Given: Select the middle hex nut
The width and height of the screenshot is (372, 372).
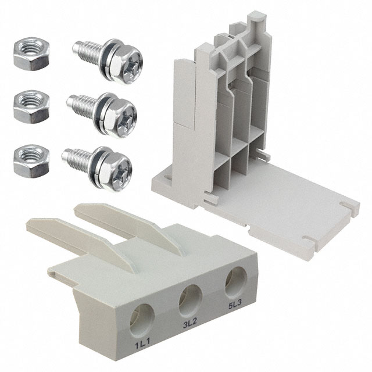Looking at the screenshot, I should coord(28,105).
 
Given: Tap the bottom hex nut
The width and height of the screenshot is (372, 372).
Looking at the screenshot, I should coord(30,157).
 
